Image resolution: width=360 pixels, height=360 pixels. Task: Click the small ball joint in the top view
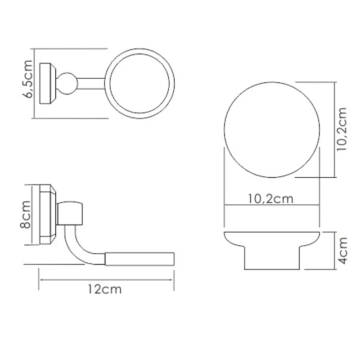coord(66,84)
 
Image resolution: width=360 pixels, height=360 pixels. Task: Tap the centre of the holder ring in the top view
coord(140,84)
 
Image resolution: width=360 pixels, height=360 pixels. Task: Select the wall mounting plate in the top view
coord(46,84)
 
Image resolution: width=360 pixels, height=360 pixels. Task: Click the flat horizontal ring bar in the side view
coord(139,259)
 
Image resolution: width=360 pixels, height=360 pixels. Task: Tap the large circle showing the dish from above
coord(271,130)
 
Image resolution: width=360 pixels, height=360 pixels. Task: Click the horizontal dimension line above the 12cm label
coord(106,279)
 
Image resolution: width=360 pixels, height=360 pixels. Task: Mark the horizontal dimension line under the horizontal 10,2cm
coord(271,206)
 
